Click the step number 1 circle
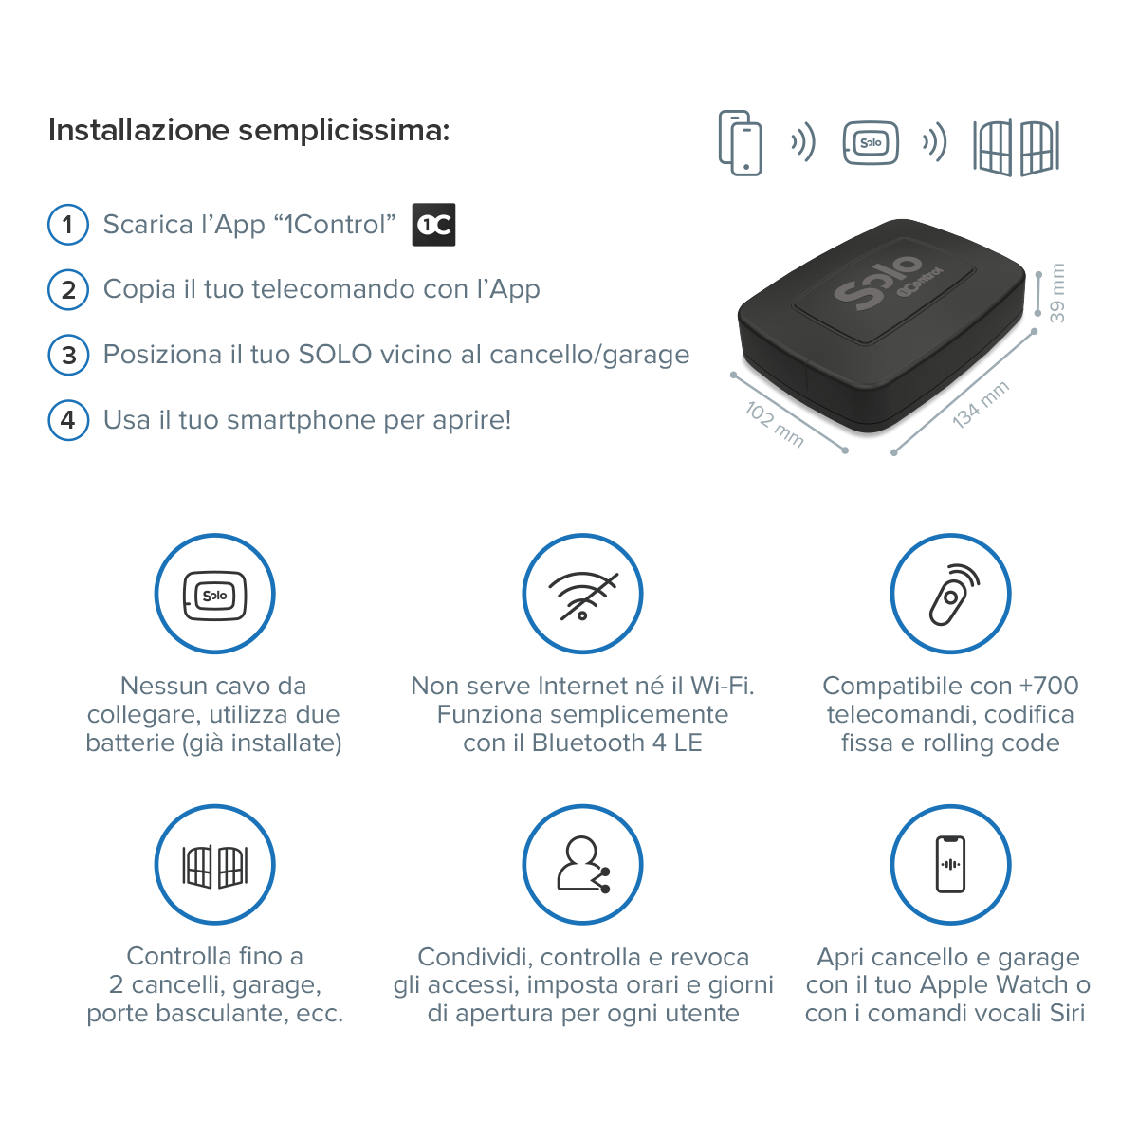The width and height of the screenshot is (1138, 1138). pos(67,225)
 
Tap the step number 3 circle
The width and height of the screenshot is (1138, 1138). pos(68,355)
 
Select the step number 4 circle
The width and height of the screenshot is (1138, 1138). pos(68,419)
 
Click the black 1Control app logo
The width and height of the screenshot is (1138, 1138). pos(434,225)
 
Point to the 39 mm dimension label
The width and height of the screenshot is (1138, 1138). pos(1057,293)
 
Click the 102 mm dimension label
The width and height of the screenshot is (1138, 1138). pos(775,424)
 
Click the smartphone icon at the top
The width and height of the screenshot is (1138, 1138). pos(741,143)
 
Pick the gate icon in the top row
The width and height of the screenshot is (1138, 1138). pos(1016,147)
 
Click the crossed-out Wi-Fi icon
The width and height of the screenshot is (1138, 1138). pos(582,596)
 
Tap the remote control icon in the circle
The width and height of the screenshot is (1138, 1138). pos(951,595)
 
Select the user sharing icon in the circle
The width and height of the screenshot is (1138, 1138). pos(582,864)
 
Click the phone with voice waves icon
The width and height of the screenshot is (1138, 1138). pos(950,864)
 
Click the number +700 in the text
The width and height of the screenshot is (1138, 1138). pos(1049,686)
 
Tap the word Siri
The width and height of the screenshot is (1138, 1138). pos(1067,1013)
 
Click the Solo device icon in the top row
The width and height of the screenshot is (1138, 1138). pos(871,144)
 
